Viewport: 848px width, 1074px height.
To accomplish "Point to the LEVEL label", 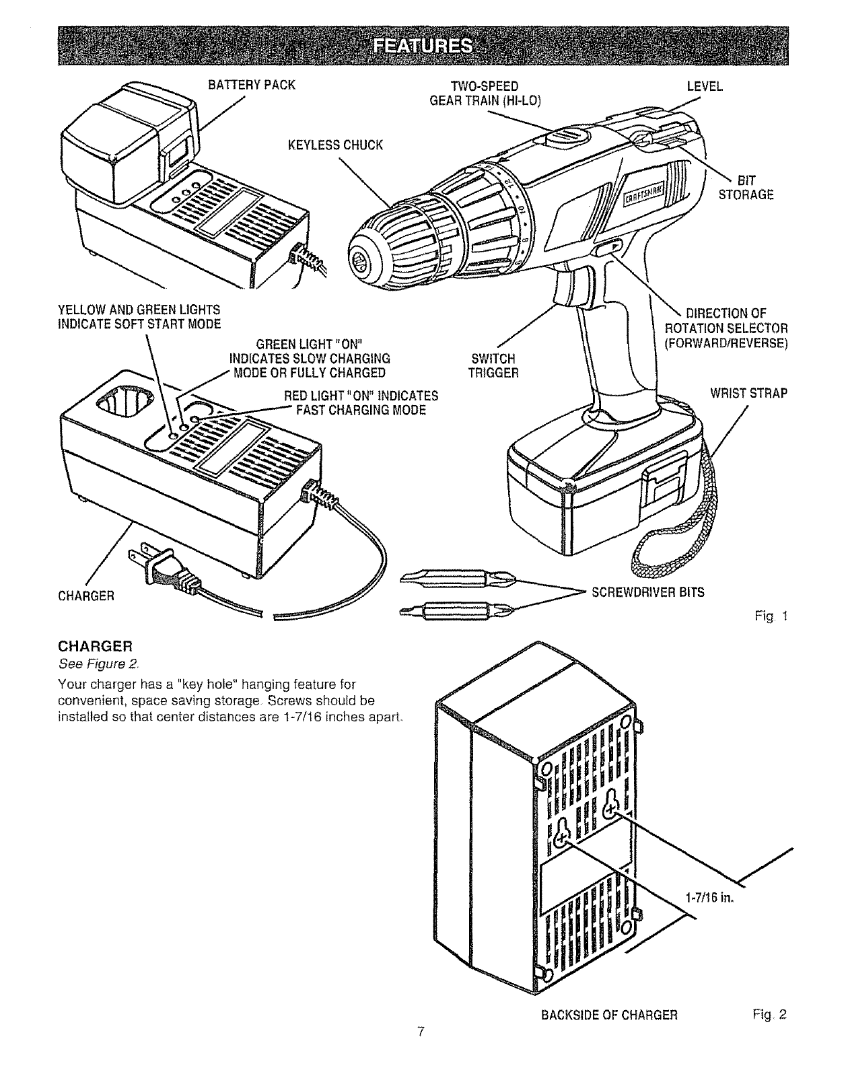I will [705, 86].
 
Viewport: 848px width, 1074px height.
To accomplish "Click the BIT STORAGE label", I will [746, 188].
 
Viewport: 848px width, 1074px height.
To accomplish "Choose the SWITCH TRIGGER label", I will [493, 365].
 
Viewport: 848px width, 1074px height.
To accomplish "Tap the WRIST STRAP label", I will [748, 393].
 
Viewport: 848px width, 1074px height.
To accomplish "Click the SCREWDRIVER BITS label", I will [648, 592].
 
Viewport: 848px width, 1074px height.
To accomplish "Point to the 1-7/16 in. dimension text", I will [708, 898].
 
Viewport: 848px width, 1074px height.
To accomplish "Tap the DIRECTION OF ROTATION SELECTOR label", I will [726, 327].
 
